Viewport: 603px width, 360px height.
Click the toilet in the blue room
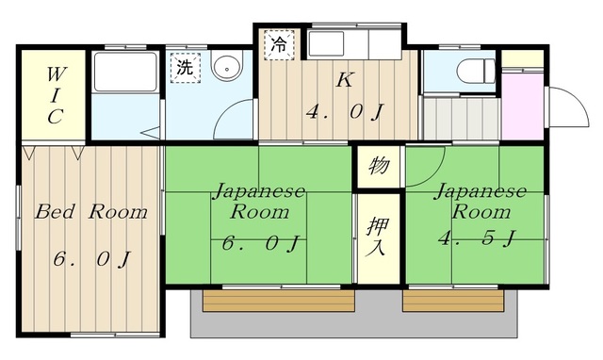pyautogui.click(x=473, y=69)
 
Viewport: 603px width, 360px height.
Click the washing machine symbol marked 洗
pyautogui.click(x=185, y=68)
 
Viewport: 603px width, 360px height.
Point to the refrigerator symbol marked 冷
pyautogui.click(x=279, y=43)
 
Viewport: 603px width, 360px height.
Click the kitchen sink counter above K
pyautogui.click(x=338, y=44)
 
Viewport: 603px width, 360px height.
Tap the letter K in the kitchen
pyautogui.click(x=343, y=81)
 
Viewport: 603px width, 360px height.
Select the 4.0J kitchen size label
pyautogui.click(x=344, y=113)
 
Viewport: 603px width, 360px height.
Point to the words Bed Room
pyautogui.click(x=91, y=212)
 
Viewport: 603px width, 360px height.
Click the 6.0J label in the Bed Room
pyautogui.click(x=91, y=256)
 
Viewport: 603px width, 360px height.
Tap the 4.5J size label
pyautogui.click(x=477, y=238)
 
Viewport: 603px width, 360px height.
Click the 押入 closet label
pyautogui.click(x=377, y=237)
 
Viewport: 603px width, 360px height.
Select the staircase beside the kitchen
pyautogui.click(x=458, y=118)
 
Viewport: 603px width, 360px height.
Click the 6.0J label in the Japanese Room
pyautogui.click(x=260, y=243)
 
